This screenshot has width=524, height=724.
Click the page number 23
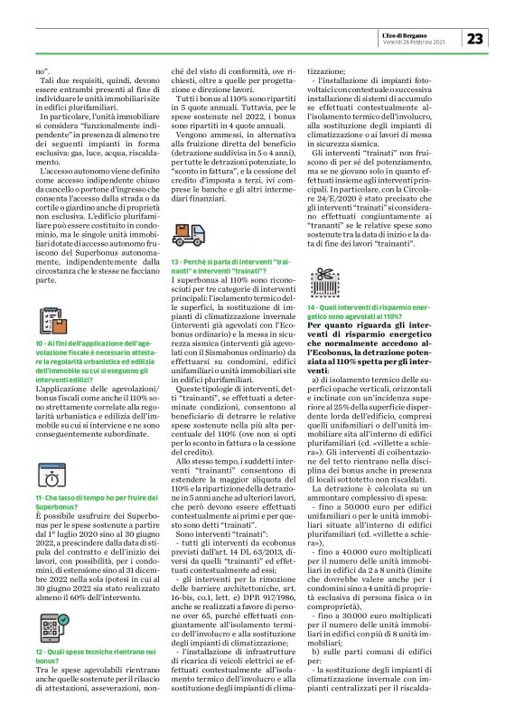click(476, 38)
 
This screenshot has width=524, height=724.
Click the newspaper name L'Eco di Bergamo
click(427, 33)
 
